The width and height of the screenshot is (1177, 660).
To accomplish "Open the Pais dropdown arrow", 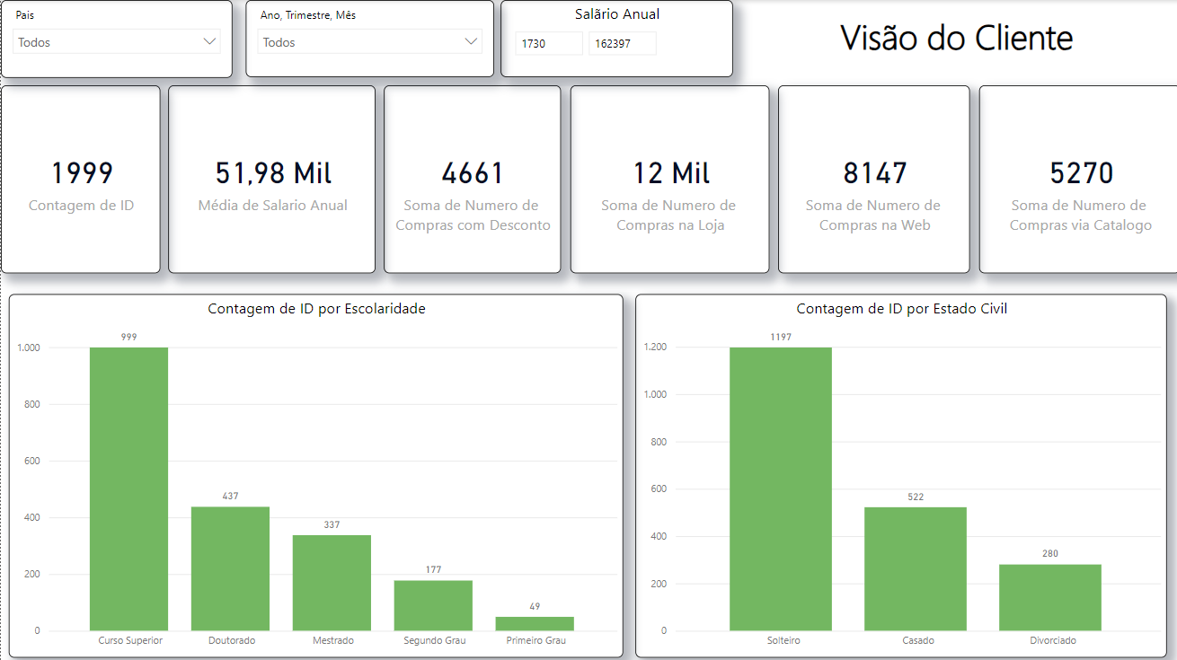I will tap(209, 41).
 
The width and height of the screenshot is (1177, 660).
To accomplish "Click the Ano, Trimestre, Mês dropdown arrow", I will tap(471, 41).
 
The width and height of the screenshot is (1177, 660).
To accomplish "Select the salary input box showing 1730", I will tap(548, 43).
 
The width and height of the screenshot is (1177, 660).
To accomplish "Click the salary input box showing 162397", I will tap(622, 43).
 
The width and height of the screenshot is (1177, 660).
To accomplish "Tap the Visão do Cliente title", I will tap(956, 38).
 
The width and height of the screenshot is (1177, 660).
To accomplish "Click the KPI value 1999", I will tap(82, 173).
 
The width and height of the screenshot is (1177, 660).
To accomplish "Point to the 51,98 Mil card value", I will tap(273, 173).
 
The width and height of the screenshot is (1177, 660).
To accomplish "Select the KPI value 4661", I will tap(473, 173).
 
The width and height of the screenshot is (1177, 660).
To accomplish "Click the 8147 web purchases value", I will tap(874, 173).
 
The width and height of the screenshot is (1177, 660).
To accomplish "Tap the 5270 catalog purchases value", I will tap(1081, 173).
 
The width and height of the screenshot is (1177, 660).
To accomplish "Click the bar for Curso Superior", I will tap(128, 489).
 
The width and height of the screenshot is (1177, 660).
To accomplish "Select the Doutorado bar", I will tap(230, 568).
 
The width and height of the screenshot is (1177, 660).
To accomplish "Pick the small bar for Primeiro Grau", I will tap(535, 623).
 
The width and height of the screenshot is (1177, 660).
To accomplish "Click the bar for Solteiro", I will tap(780, 489).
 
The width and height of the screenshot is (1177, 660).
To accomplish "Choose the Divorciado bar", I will tap(1049, 597).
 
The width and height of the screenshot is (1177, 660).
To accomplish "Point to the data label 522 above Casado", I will tap(916, 497).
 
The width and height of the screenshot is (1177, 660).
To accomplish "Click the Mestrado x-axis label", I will tap(332, 641).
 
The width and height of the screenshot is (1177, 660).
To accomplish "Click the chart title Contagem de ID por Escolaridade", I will tap(316, 309).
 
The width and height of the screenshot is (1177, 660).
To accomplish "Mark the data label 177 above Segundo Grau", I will tap(433, 569).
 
